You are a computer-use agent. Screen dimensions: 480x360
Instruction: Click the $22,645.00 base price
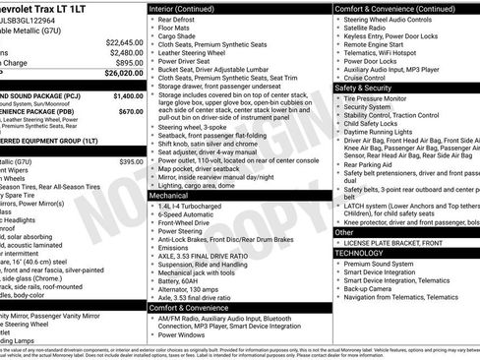click(x=124, y=41)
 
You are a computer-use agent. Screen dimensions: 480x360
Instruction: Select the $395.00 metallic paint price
click(x=132, y=160)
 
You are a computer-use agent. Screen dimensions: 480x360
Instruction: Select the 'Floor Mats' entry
click(x=177, y=30)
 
